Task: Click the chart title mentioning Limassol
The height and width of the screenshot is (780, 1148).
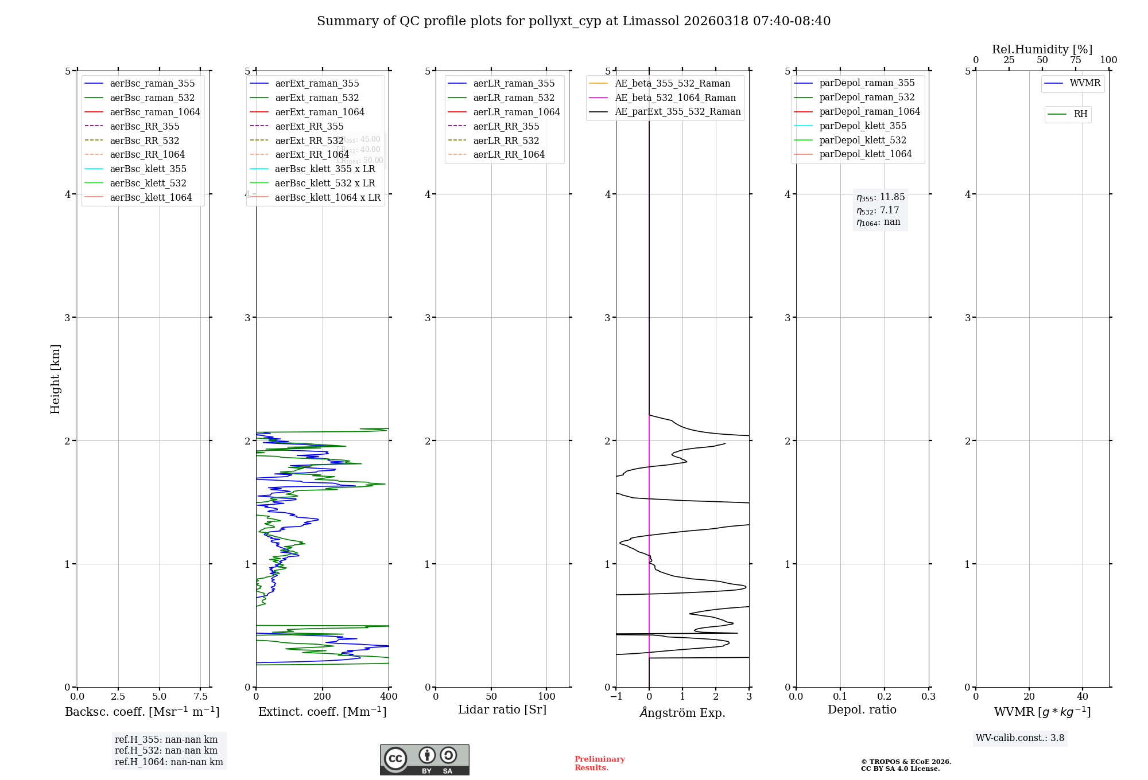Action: (x=573, y=21)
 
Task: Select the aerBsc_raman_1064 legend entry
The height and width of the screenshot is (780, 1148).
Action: (x=154, y=112)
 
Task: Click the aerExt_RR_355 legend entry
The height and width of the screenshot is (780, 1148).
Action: (x=309, y=126)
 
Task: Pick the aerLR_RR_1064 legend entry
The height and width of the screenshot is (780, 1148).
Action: (x=509, y=154)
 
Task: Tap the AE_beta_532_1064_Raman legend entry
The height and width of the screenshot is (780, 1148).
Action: (x=675, y=97)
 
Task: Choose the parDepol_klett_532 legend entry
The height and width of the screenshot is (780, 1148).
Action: (x=862, y=140)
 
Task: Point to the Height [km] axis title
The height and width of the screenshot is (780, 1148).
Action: (x=55, y=379)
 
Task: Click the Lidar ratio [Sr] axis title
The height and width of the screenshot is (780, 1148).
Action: (x=502, y=709)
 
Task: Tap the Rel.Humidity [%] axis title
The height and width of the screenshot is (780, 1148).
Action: (x=1042, y=49)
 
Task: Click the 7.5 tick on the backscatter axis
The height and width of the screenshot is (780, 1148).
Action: (x=200, y=696)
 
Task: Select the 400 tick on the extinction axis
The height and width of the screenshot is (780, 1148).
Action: (x=389, y=696)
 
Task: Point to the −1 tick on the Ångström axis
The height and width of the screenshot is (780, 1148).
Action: (x=616, y=696)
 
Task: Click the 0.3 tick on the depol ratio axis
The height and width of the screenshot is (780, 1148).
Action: (x=928, y=696)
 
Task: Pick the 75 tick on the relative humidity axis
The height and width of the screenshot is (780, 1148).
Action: (x=1075, y=60)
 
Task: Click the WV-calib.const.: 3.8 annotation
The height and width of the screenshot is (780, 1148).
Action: (x=1020, y=738)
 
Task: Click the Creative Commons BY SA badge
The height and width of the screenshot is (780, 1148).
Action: (x=424, y=759)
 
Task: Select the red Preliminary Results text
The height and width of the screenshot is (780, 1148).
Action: (x=599, y=763)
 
